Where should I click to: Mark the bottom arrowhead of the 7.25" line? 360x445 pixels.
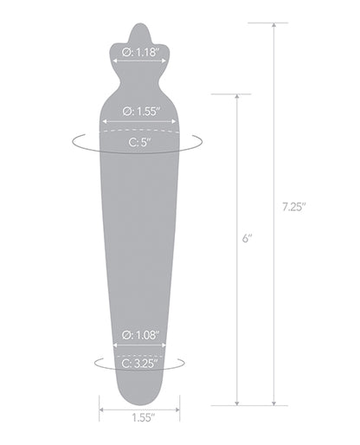click(x=275, y=403)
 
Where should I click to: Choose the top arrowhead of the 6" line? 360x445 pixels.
click(x=236, y=95)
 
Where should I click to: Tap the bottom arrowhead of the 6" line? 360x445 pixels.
click(x=236, y=403)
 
